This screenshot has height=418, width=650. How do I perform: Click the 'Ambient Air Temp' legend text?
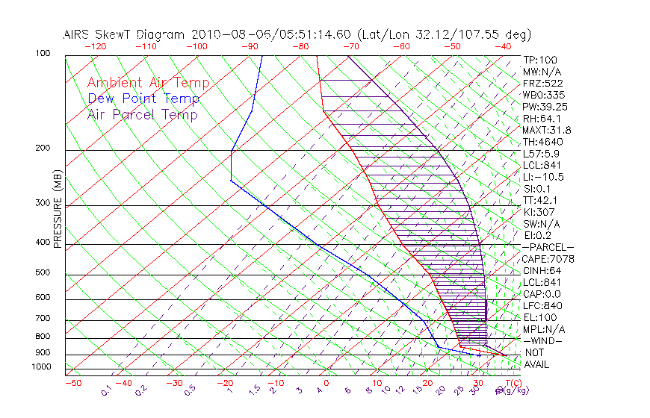(x=148, y=83)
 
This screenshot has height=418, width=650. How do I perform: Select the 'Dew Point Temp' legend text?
(x=143, y=99)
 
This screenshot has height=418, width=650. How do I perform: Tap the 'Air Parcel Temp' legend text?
(x=142, y=114)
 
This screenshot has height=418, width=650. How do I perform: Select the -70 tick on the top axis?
(x=350, y=46)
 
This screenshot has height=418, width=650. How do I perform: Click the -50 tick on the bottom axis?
(x=72, y=383)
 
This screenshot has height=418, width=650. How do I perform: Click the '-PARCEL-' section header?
(x=548, y=247)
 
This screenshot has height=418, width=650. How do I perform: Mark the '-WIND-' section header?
(x=543, y=340)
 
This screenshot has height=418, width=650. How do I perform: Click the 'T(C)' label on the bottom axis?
(x=512, y=383)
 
